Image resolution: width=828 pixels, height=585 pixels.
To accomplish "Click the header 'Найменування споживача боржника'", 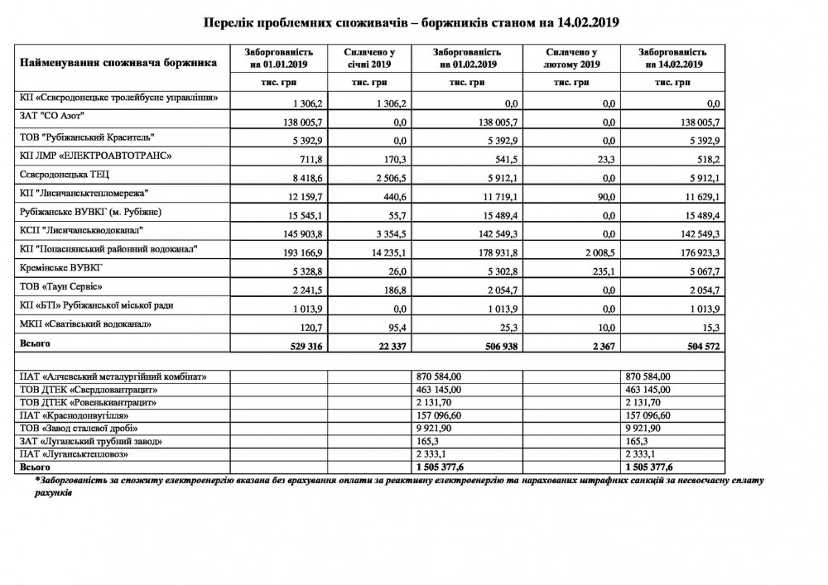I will tap(118, 62).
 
